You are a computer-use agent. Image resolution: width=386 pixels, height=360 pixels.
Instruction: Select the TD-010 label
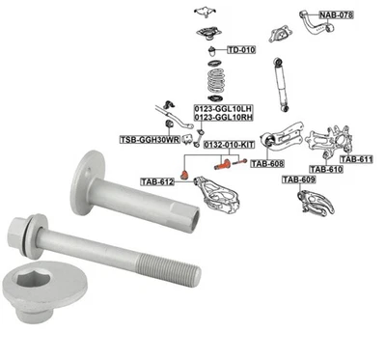coord(241,49)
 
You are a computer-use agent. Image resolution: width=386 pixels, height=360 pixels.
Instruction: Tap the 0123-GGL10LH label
coord(224,108)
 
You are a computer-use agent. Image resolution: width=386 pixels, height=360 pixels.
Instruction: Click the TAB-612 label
coord(157,180)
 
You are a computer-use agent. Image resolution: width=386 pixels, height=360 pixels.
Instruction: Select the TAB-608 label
coord(268,164)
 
